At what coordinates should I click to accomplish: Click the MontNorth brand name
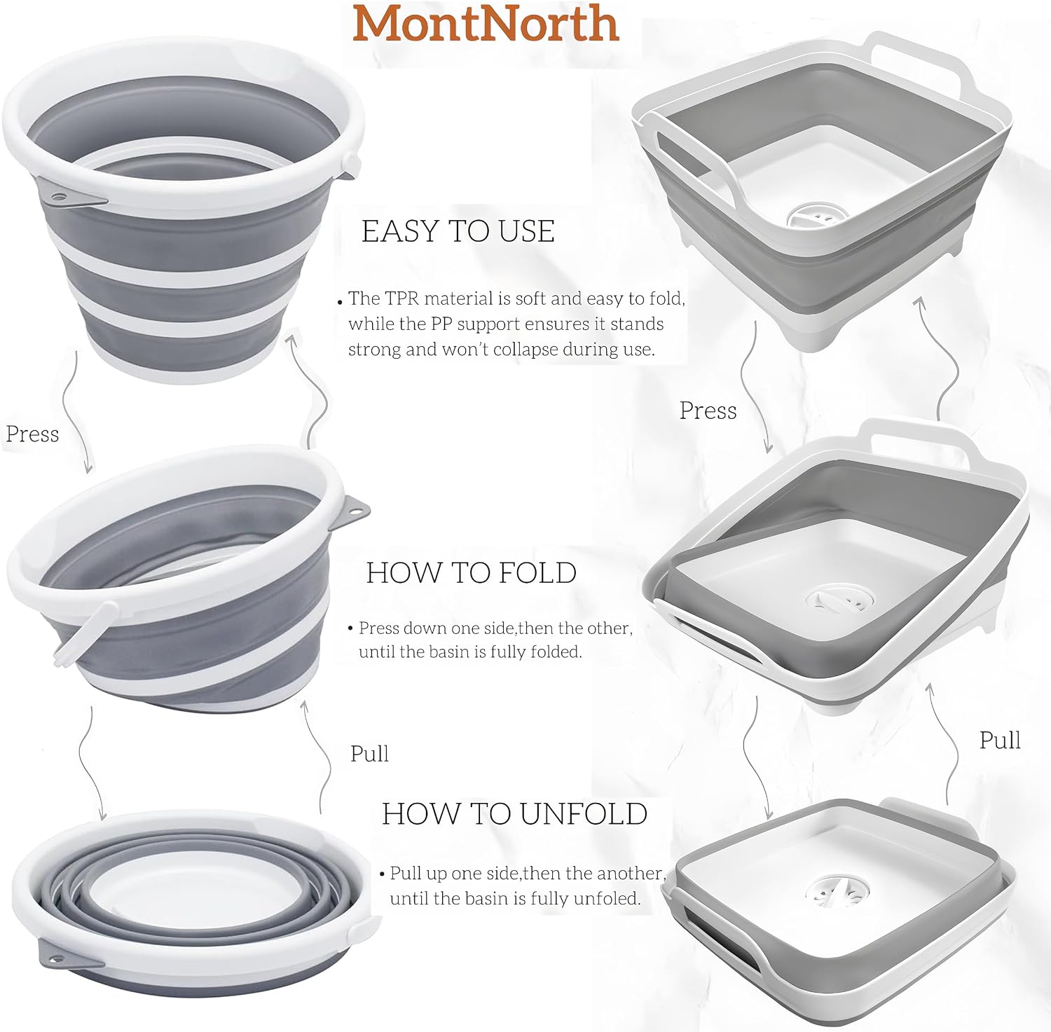point(486,23)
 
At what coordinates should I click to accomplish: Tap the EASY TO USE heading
point(458,232)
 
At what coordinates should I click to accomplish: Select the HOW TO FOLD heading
point(472,573)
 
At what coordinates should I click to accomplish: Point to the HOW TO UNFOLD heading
point(515,814)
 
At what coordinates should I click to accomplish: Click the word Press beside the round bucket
point(32,434)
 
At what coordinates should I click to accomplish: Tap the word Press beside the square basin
point(708,411)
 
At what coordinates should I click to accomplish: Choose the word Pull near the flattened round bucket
point(369,754)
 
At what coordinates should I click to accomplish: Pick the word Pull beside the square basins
point(1000,740)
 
